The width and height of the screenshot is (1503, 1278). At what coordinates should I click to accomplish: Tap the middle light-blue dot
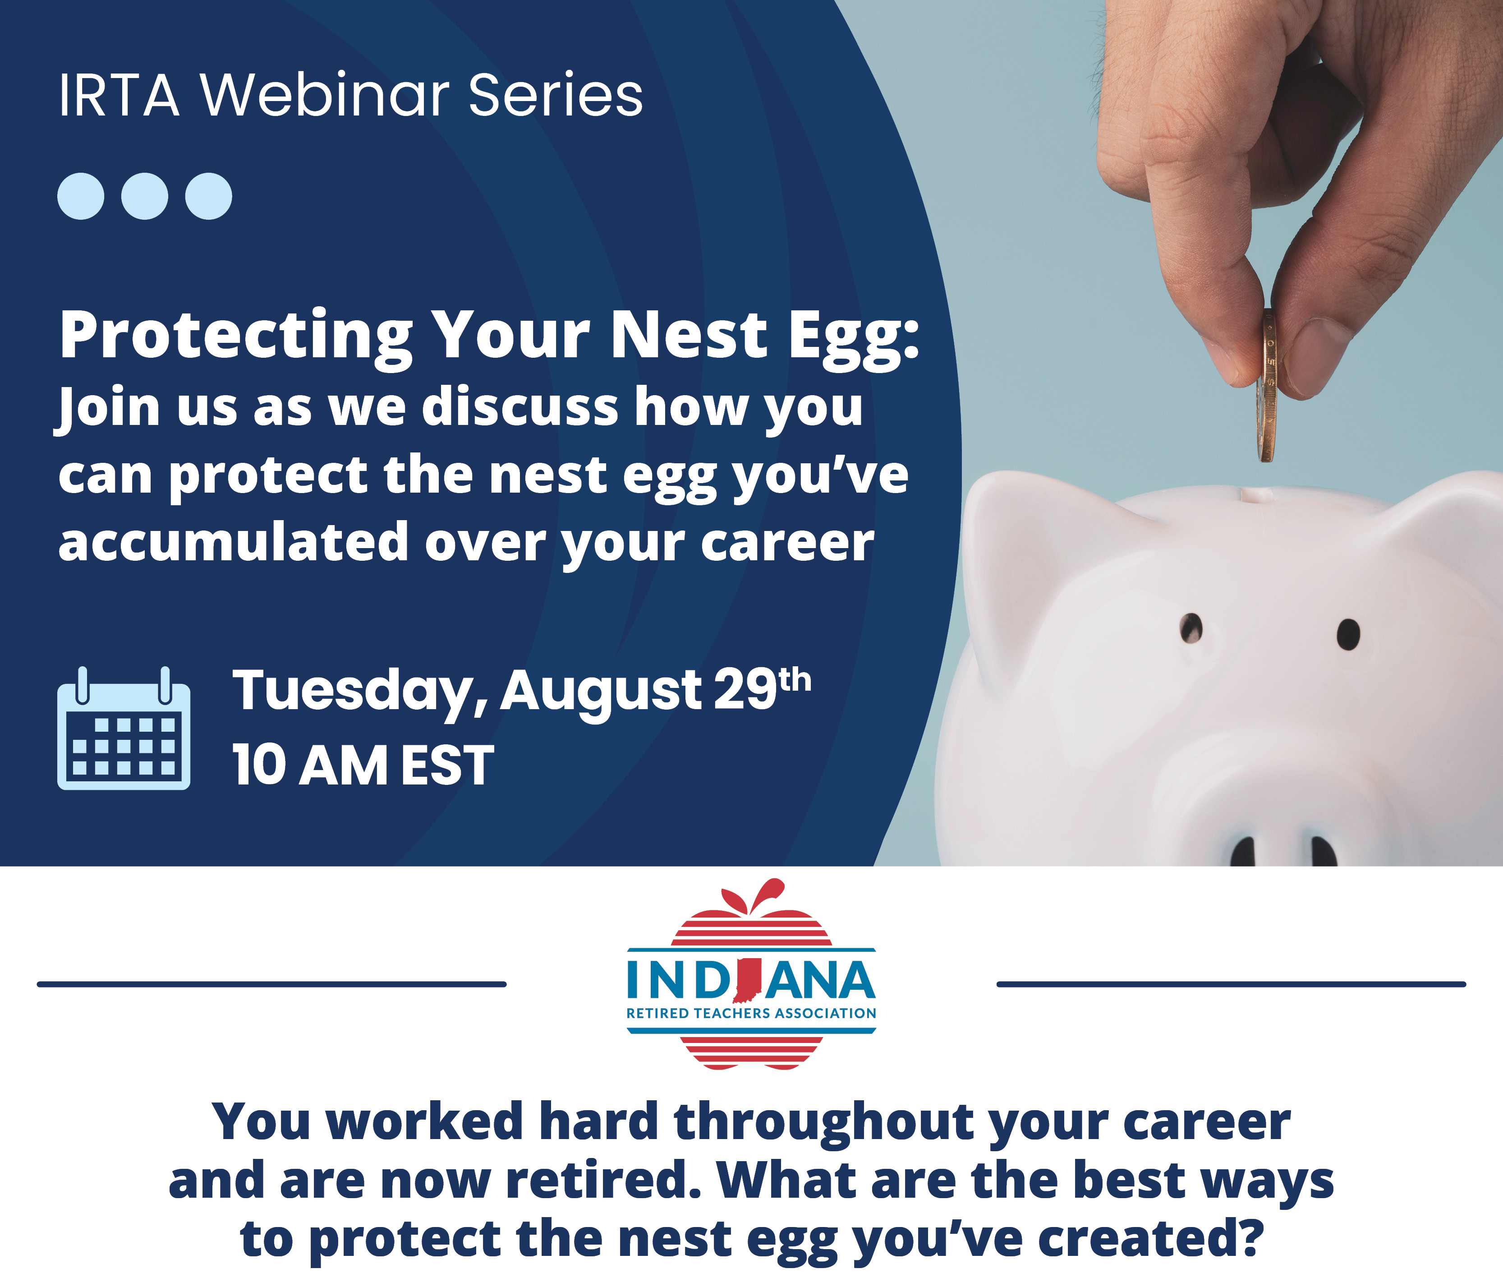point(145,196)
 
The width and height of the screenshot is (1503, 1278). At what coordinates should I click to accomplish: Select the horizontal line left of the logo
point(271,984)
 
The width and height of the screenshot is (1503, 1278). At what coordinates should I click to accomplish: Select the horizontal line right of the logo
point(1232,984)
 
